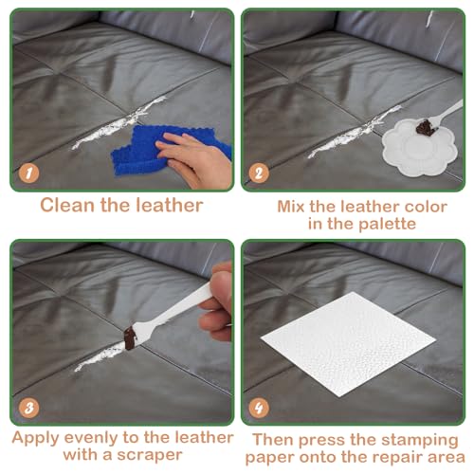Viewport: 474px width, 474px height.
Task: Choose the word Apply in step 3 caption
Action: pos(38,438)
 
